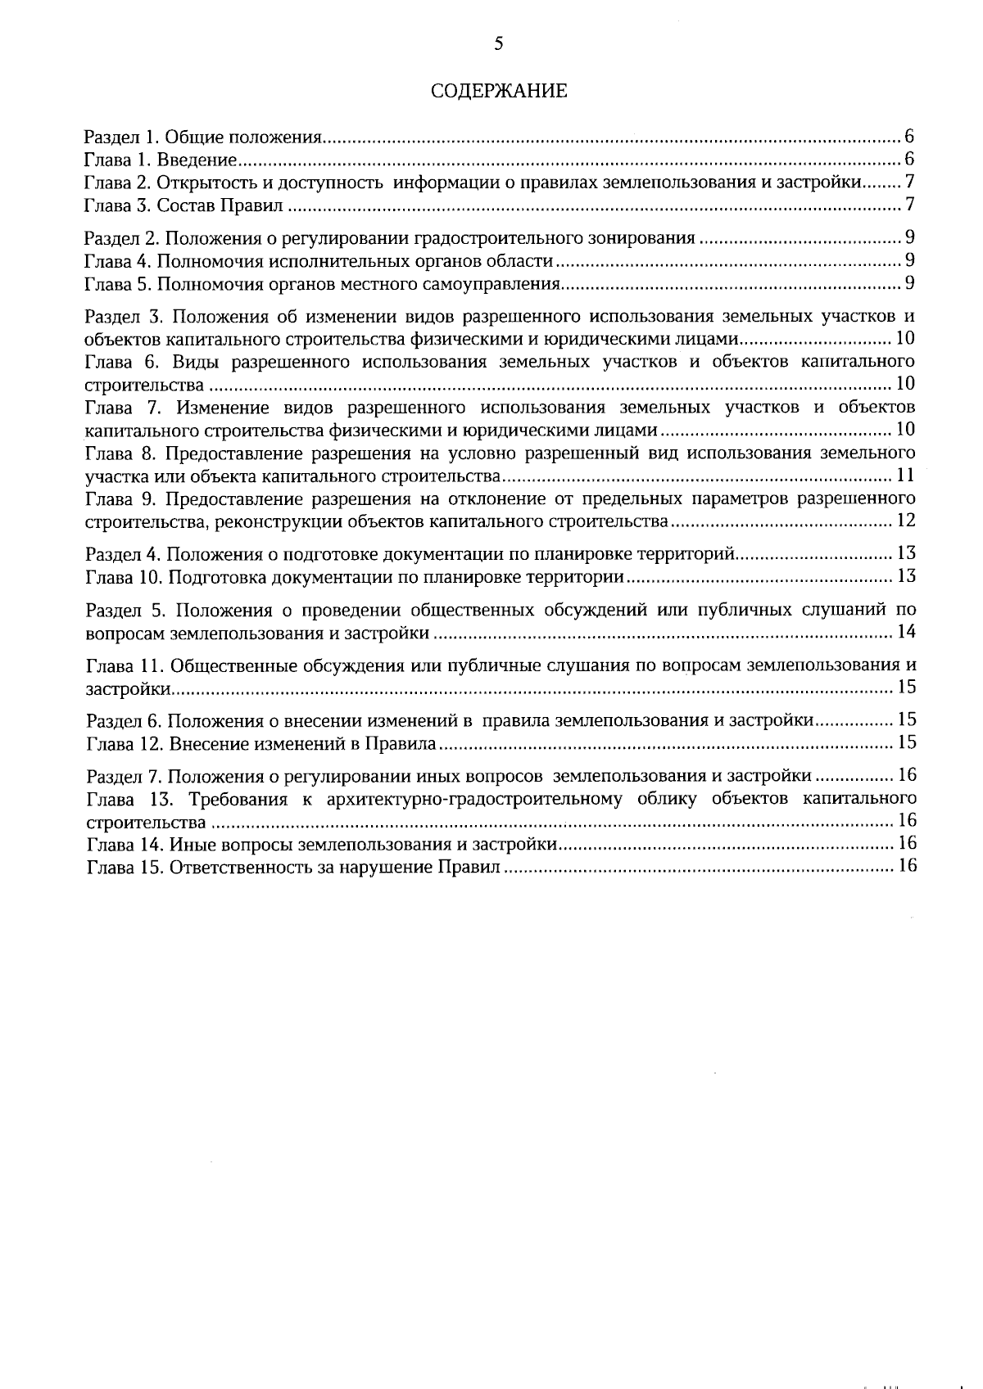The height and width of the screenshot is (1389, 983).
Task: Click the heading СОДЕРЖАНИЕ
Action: (x=499, y=91)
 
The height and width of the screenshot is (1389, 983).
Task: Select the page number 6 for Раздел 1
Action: (x=909, y=137)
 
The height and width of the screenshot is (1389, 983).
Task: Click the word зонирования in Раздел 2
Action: (x=641, y=239)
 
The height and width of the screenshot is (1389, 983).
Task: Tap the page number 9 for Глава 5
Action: (x=909, y=285)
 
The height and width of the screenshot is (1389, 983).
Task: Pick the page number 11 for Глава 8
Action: (x=905, y=476)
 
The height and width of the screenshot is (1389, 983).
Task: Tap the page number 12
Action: (x=905, y=521)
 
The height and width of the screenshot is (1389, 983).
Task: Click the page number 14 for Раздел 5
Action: (x=905, y=633)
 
